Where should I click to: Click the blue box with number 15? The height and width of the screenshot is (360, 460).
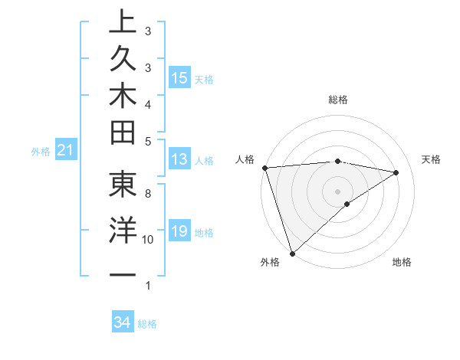(x=179, y=78)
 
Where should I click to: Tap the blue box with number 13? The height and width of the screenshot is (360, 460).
(x=179, y=159)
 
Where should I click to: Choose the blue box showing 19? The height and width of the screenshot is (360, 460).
(x=179, y=231)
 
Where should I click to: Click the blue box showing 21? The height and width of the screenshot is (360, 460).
(x=65, y=151)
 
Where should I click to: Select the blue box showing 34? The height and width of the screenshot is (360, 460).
(x=122, y=322)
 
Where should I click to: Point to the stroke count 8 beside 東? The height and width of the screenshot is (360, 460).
(x=148, y=195)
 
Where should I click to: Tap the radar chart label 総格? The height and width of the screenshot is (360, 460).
(x=337, y=100)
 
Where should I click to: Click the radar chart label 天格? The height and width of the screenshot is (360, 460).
(x=432, y=159)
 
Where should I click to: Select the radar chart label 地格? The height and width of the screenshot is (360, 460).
(x=402, y=263)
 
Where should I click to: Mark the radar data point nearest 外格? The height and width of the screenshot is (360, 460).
(x=292, y=253)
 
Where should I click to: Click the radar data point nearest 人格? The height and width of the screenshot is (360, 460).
(x=264, y=167)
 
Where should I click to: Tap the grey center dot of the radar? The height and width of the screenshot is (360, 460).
(x=337, y=191)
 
